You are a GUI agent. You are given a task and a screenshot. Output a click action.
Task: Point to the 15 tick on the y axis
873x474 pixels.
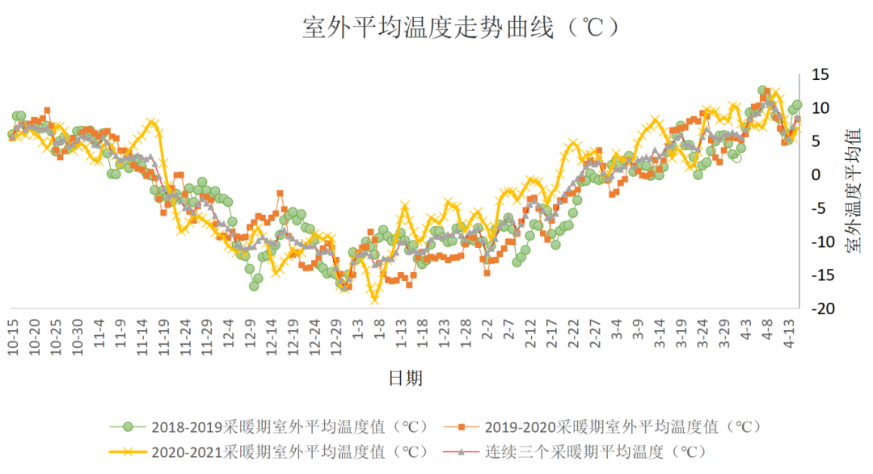tap(820, 74)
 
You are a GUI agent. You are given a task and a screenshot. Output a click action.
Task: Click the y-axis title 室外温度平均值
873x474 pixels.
tap(854, 191)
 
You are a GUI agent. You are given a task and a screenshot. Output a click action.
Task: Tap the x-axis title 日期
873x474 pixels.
tap(405, 377)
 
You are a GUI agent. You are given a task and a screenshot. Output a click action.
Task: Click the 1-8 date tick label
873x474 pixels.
tap(379, 332)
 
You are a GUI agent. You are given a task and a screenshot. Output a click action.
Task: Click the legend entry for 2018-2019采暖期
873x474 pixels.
tap(291, 426)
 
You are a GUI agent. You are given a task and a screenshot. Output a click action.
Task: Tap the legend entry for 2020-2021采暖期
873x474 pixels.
tap(291, 451)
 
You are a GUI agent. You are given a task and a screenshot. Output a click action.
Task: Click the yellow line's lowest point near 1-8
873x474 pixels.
tap(374, 300)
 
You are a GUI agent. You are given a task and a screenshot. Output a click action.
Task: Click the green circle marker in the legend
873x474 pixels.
tap(127, 426)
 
